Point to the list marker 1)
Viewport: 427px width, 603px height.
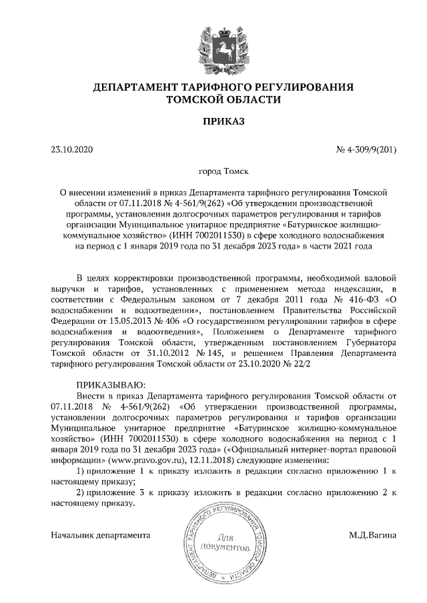tap(79, 470)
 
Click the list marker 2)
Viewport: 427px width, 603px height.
tap(79, 492)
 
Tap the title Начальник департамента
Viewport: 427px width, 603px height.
tap(100, 534)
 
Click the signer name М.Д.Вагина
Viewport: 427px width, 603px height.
tap(372, 534)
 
